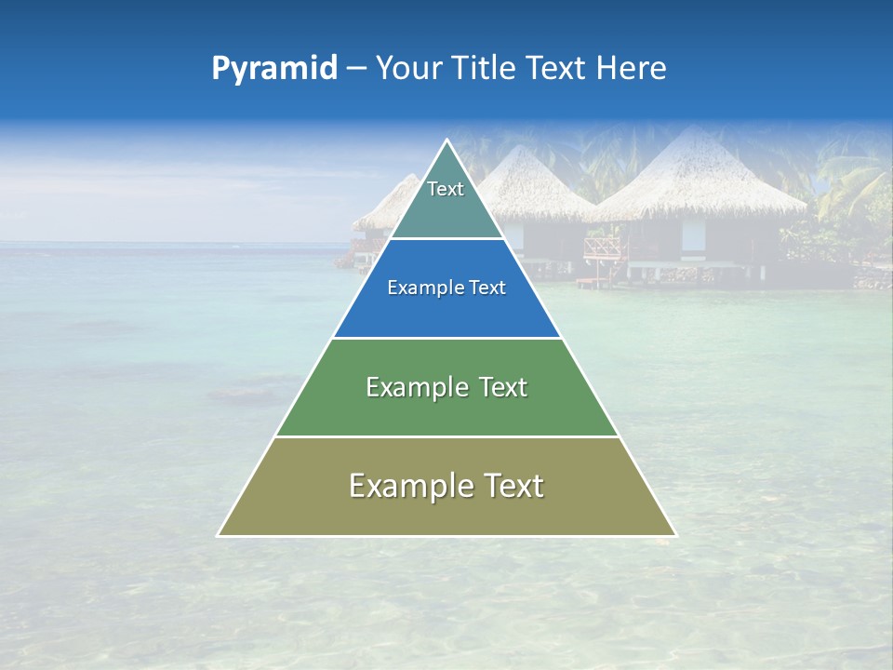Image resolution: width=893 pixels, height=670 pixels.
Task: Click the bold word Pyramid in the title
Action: tap(273, 69)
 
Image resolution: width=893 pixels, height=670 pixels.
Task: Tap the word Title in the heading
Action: tap(484, 69)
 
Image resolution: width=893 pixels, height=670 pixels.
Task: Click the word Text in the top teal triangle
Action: tap(446, 189)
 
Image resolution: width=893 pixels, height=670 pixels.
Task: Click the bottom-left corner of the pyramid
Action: tap(219, 535)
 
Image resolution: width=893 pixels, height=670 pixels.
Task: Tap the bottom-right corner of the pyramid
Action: tap(675, 535)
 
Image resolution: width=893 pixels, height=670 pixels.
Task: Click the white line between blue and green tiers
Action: tap(446, 338)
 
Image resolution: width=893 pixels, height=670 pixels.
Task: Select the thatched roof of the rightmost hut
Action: tap(698, 177)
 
